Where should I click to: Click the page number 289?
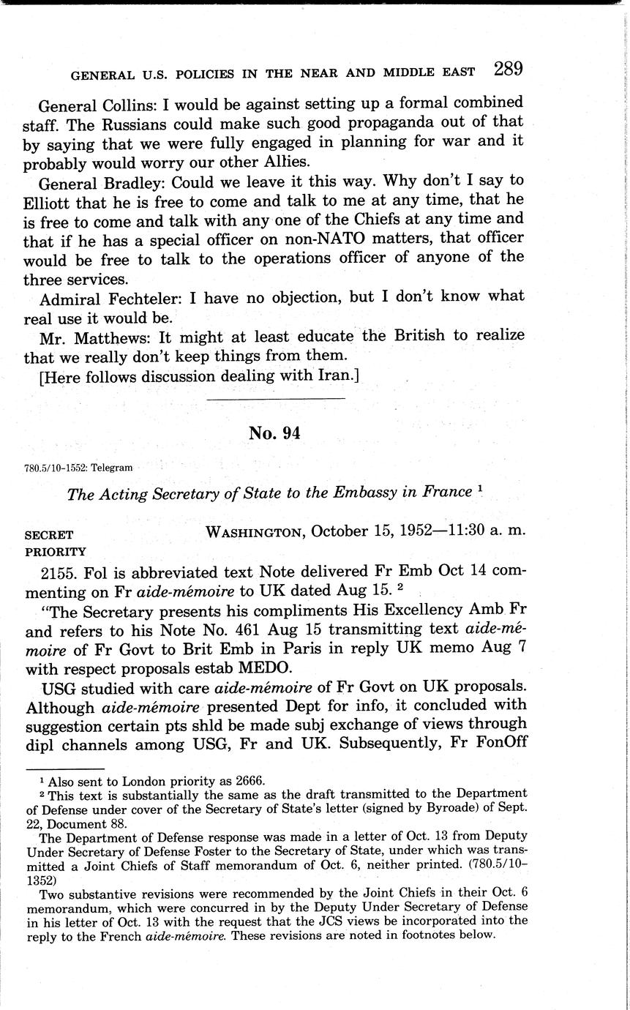508,70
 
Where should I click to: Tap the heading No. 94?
274,433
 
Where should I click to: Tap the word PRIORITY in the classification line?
55,552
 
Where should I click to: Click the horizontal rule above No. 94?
276,399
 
